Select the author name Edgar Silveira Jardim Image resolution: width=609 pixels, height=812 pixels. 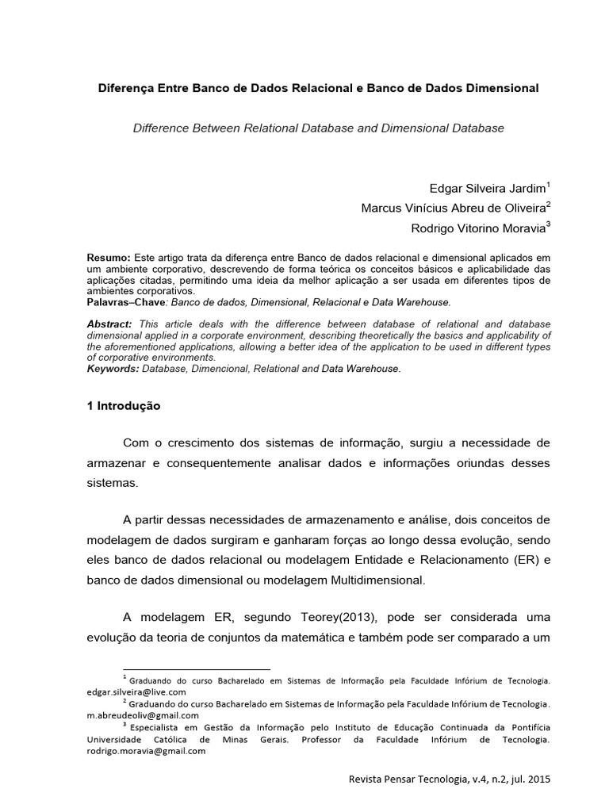[x=485, y=189]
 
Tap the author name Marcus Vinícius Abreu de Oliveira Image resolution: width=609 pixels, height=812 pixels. [x=453, y=209]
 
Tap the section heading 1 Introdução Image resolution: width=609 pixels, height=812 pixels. [x=124, y=405]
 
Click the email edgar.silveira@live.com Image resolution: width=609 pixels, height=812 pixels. [x=136, y=691]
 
